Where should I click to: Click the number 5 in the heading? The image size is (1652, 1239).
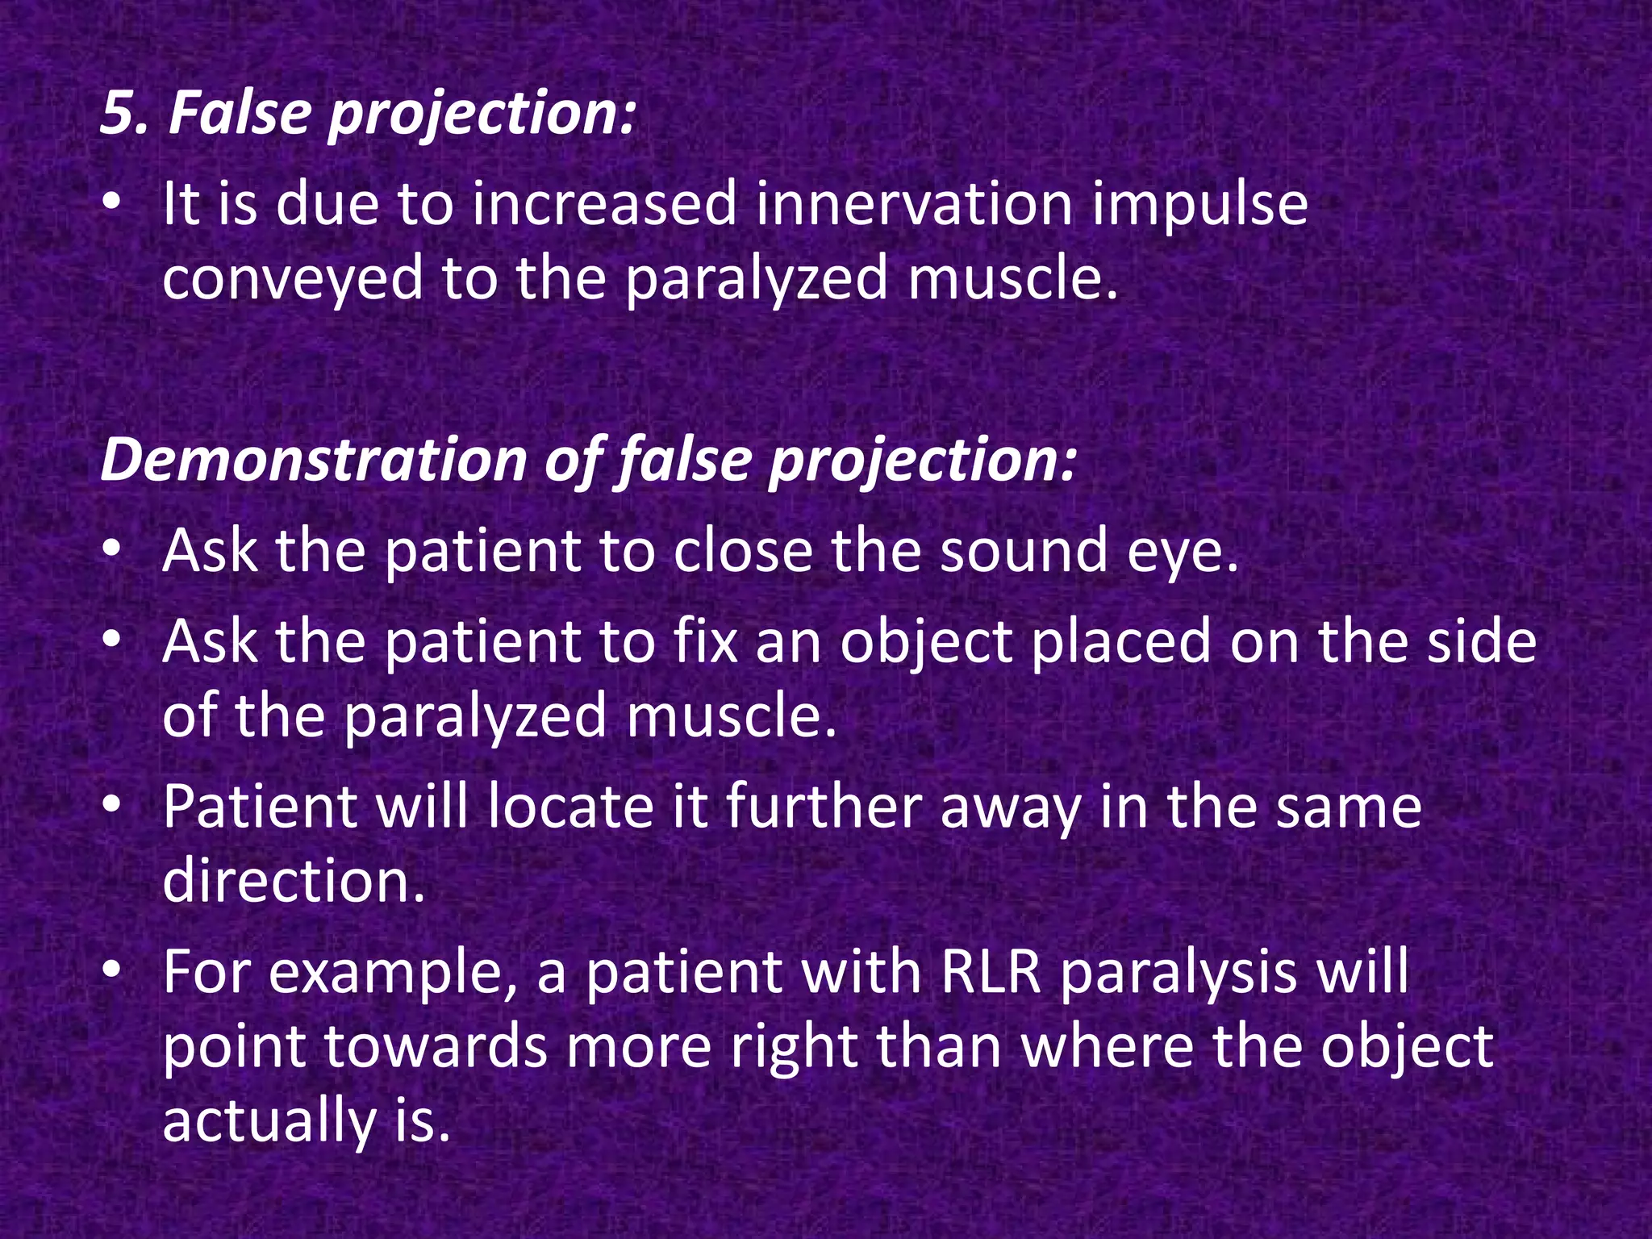[118, 113]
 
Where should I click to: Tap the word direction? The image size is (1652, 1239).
[293, 880]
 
